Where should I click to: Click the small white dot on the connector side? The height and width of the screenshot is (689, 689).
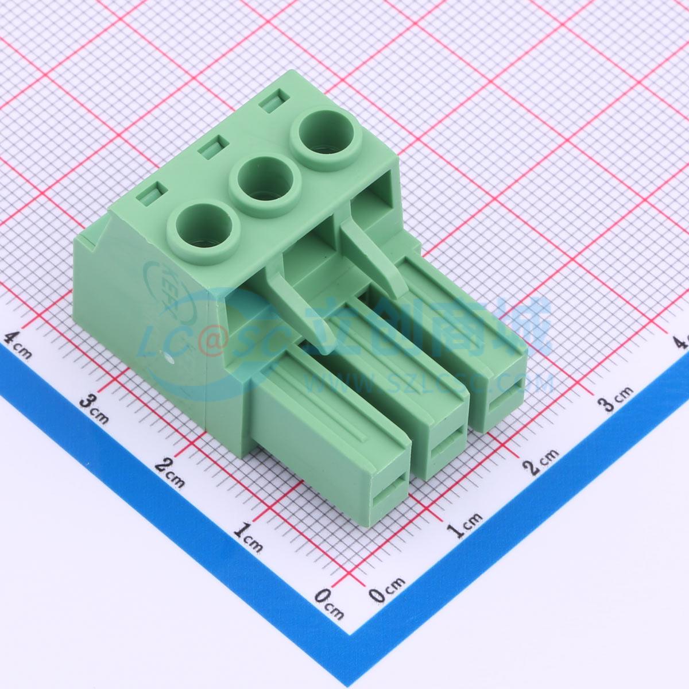[170, 360]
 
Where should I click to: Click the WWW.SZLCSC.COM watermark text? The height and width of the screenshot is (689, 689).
[428, 382]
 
